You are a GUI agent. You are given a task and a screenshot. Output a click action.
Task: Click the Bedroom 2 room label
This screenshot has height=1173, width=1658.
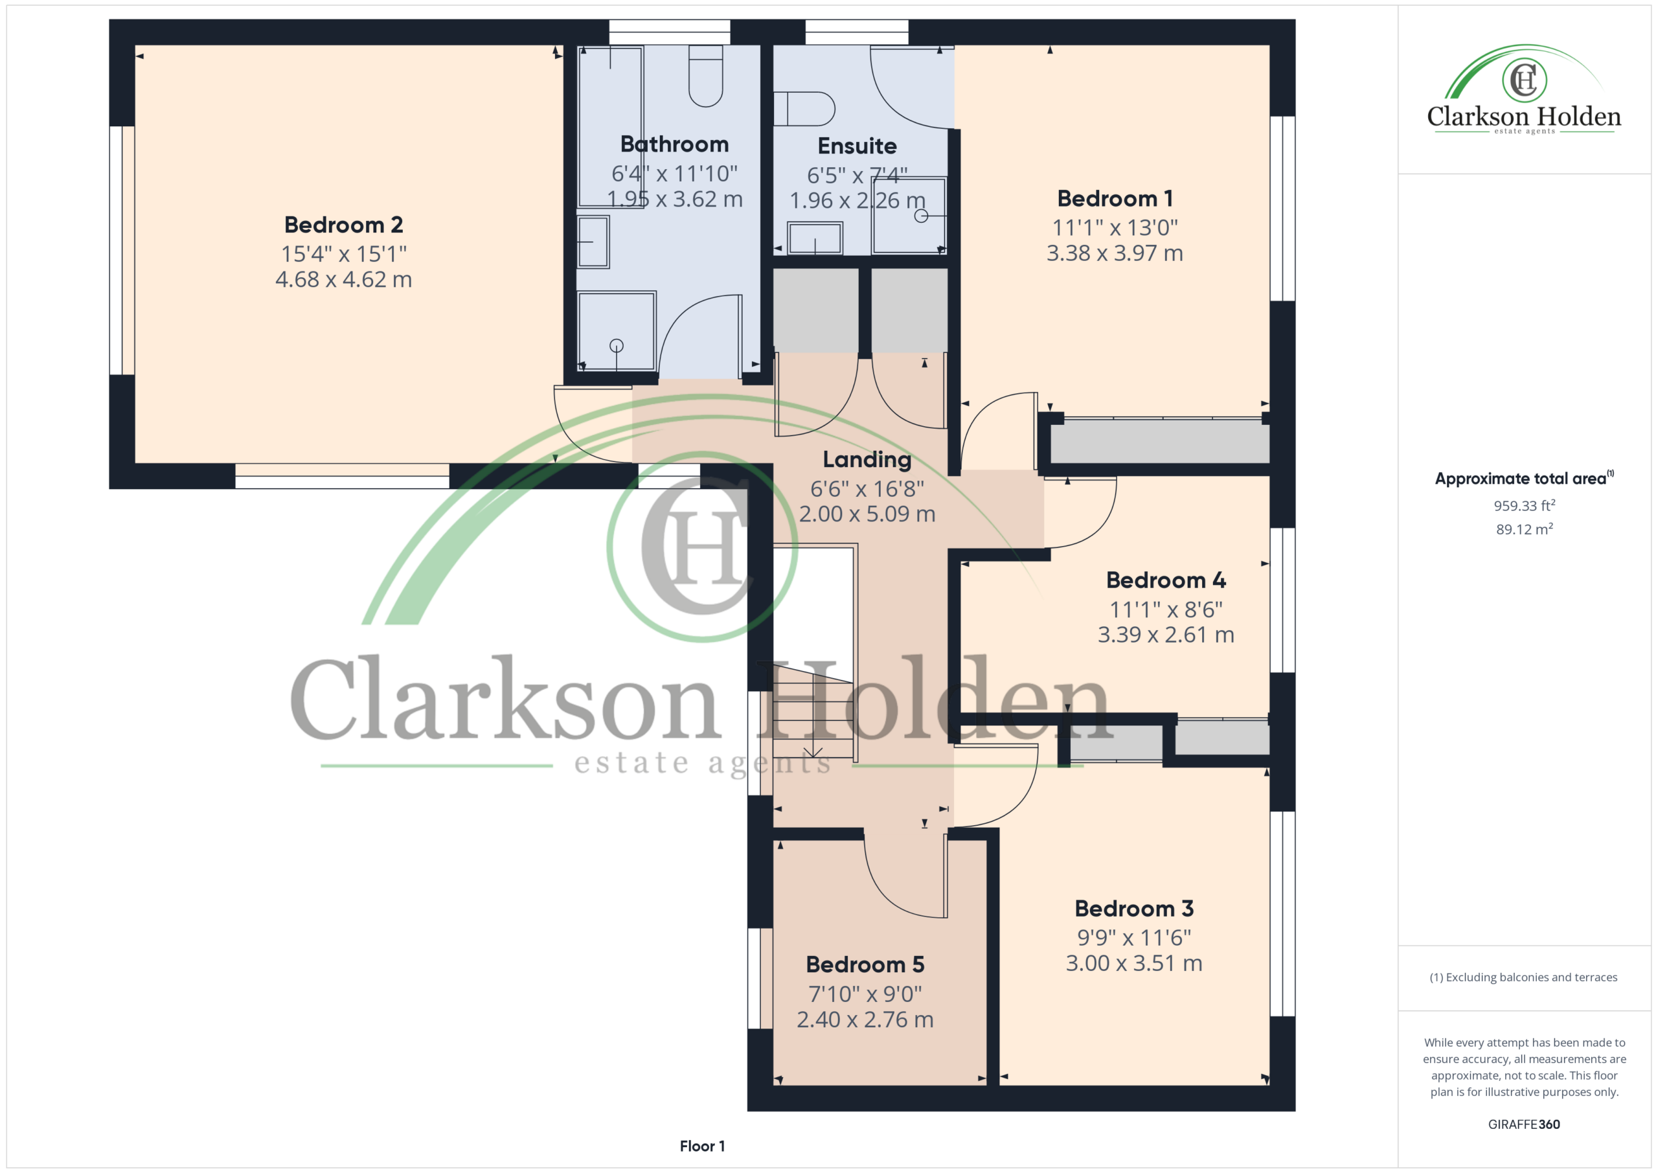point(344,225)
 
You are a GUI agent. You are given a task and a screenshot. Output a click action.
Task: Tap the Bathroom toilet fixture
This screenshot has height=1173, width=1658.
point(705,76)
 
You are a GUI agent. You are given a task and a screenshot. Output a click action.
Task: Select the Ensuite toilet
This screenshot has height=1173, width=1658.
point(804,109)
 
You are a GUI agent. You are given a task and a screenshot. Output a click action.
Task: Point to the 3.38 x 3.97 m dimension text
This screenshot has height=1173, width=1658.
point(1115,253)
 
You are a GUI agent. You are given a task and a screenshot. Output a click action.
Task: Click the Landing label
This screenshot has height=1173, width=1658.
point(867,460)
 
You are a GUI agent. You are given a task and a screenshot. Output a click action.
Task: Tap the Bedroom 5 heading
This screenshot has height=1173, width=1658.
point(865,964)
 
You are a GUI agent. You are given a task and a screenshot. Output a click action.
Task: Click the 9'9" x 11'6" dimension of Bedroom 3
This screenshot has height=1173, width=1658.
point(1134,937)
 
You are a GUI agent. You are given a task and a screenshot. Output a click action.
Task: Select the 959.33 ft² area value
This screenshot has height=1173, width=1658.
point(1525,506)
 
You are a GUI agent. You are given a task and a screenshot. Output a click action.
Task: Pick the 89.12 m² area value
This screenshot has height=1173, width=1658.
point(1525,529)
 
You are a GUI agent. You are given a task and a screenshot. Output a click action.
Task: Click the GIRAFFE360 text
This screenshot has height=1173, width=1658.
point(1524,1124)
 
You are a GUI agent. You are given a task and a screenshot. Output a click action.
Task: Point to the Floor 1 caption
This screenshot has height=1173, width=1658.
point(702,1146)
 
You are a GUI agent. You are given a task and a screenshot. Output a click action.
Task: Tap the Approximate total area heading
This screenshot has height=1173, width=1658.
point(1524,478)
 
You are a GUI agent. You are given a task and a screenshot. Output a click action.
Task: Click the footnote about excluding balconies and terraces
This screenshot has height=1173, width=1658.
point(1524,977)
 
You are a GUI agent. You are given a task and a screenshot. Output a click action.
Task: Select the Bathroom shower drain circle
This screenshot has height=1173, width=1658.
point(616,346)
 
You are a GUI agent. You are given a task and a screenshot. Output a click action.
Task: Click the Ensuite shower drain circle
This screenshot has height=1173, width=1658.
point(921,215)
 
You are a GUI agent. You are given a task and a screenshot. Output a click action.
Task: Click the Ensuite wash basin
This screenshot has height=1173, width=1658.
point(815,238)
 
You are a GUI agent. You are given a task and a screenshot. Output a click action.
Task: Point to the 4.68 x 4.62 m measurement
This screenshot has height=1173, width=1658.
point(344,280)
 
